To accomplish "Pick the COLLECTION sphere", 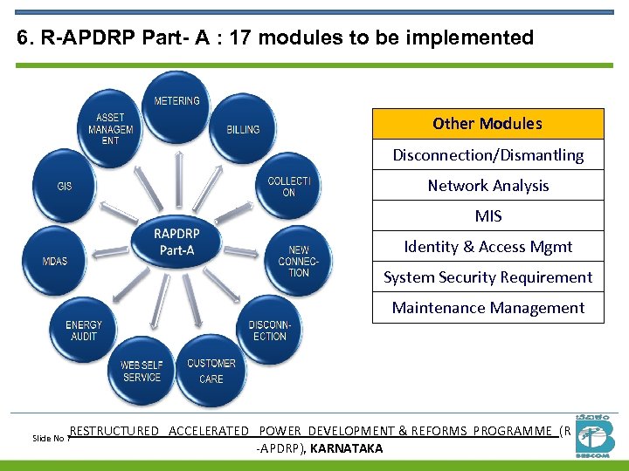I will pyautogui.click(x=287, y=186).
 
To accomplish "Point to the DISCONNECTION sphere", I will pyautogui.click(x=269, y=331).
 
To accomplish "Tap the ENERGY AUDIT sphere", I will pyautogui.click(x=84, y=331).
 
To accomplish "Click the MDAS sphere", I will pyautogui.click(x=55, y=261).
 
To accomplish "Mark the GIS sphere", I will pyautogui.click(x=65, y=186).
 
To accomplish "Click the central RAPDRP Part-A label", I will pyautogui.click(x=176, y=242).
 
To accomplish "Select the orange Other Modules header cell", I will pyautogui.click(x=487, y=124).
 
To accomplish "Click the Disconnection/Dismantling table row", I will pyautogui.click(x=487, y=155).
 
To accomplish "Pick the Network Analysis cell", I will pyautogui.click(x=487, y=186).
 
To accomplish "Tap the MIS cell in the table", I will pyautogui.click(x=487, y=216).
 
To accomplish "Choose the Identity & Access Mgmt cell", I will pyautogui.click(x=487, y=247).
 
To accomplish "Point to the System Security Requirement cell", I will pyautogui.click(x=487, y=277).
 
